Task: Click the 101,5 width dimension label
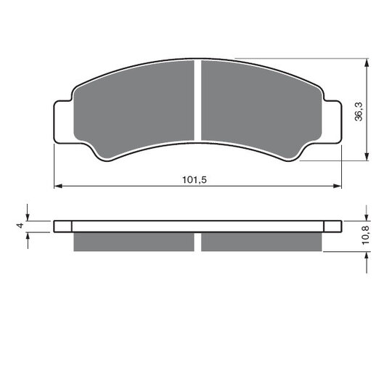pyautogui.click(x=195, y=180)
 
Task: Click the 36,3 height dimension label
pyautogui.click(x=359, y=112)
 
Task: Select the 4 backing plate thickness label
pyautogui.click(x=20, y=225)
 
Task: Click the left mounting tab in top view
pyautogui.click(x=63, y=122)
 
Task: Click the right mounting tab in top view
pyautogui.click(x=332, y=122)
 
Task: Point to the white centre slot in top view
pyautogui.click(x=197, y=100)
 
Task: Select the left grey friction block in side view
pyautogui.click(x=134, y=242)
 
